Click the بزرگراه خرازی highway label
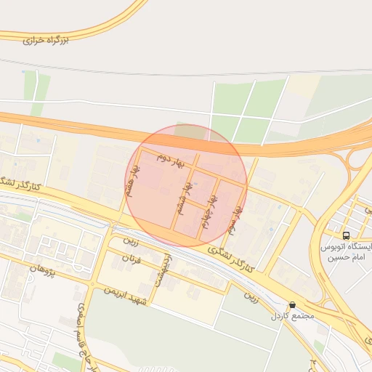pos(44,40)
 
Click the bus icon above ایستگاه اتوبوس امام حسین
pos(346,236)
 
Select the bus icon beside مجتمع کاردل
pos(292,305)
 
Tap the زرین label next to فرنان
pos(130,240)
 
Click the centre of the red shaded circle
pos(185,185)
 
